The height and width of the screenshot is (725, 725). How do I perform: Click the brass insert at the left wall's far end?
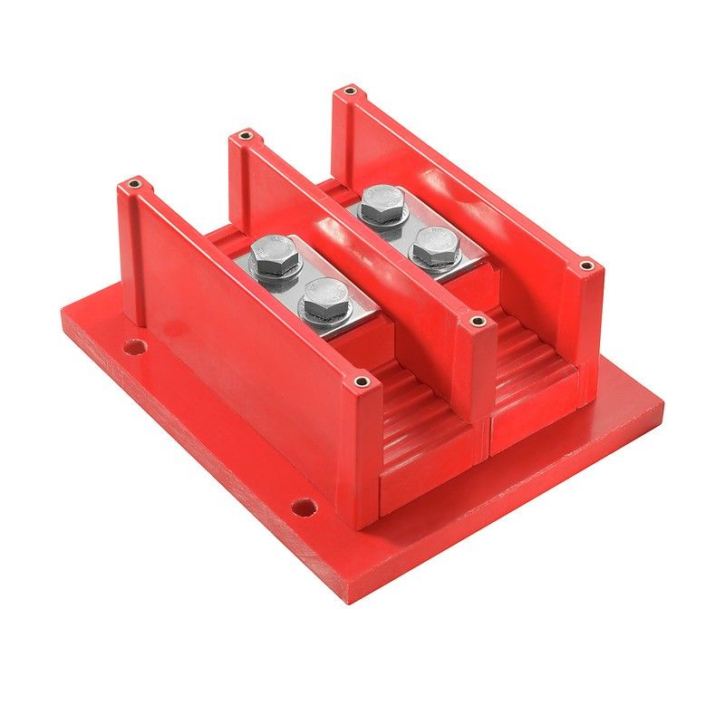(x=135, y=185)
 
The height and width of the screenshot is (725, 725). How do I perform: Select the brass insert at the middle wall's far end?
(x=243, y=137)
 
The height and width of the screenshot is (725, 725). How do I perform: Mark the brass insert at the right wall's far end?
(x=349, y=92)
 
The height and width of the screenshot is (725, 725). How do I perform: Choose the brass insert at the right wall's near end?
(x=585, y=266)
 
